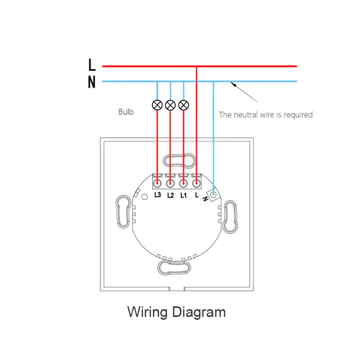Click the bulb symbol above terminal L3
coord(157,105)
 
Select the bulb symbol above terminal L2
coord(171,105)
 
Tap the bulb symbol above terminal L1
coord(184,105)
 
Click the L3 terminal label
coord(158,195)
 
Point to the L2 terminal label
coord(171,195)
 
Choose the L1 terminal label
coord(184,195)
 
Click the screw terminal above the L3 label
coord(157,183)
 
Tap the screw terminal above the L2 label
coord(170,183)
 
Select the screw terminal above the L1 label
coord(183,183)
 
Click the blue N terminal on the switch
coord(213,195)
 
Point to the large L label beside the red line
coord(92,64)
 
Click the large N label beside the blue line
coord(92,82)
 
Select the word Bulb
coord(126,112)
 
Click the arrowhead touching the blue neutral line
coord(233,84)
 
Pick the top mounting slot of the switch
coord(179,160)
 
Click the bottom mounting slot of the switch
coord(174,268)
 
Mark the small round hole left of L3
coord(144,197)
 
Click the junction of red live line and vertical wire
coord(196,66)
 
